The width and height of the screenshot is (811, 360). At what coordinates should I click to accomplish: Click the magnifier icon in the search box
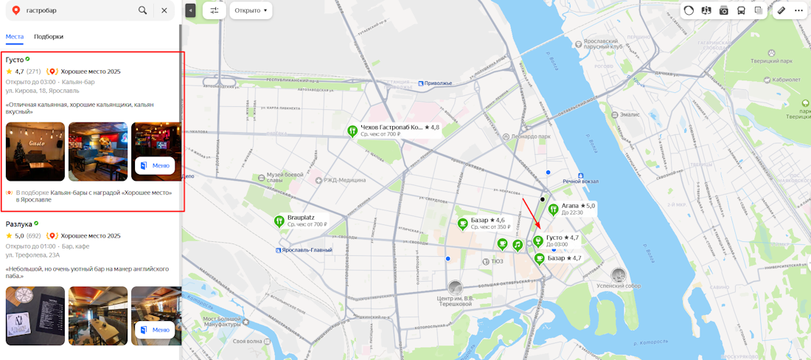click(142, 10)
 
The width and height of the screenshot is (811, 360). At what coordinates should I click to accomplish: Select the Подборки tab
click(49, 36)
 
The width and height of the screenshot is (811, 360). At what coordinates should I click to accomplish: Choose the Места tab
click(15, 36)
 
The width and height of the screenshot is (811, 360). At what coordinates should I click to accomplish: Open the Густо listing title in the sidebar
click(14, 59)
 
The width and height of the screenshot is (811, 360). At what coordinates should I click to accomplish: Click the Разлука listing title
click(18, 224)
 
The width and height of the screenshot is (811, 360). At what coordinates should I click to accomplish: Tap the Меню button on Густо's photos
click(155, 165)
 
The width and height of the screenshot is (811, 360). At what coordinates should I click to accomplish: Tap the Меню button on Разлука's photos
click(155, 330)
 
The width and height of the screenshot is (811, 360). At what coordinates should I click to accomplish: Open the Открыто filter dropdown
click(251, 10)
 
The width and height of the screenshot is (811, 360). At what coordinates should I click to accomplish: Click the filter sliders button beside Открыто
click(214, 10)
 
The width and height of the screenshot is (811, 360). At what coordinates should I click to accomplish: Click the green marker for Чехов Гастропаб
click(352, 131)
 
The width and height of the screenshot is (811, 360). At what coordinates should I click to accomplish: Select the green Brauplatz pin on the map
click(279, 221)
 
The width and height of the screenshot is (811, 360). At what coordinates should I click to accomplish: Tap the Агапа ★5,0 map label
click(578, 206)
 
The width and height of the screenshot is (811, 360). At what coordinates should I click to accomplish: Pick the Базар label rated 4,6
click(487, 220)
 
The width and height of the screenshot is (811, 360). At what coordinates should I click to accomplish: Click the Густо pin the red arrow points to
click(538, 240)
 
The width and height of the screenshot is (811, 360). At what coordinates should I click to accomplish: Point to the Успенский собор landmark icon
click(619, 274)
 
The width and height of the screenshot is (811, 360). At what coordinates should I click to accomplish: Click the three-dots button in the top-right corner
click(798, 10)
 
